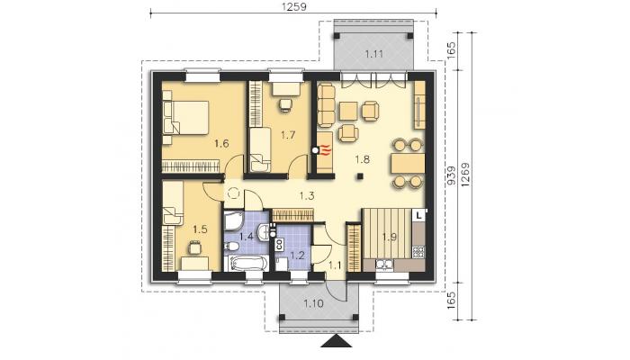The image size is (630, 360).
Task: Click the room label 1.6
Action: pyautogui.click(x=221, y=143)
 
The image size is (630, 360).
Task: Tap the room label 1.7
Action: pyautogui.click(x=288, y=135)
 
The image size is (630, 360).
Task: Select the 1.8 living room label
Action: pyautogui.click(x=362, y=159)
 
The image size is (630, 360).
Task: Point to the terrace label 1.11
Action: pyautogui.click(x=373, y=54)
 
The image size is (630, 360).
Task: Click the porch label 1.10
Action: pyautogui.click(x=313, y=303)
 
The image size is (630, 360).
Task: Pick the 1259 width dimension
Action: pyautogui.click(x=293, y=7)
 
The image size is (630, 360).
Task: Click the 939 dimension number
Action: pyautogui.click(x=451, y=175)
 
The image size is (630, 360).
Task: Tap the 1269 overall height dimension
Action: pyautogui.click(x=465, y=175)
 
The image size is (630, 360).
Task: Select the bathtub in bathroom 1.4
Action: pyautogui.click(x=245, y=264)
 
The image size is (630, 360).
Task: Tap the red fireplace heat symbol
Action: pyautogui.click(x=326, y=150)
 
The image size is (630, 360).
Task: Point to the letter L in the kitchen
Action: pyautogui.click(x=418, y=215)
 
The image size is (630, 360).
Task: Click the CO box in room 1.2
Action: pyautogui.click(x=277, y=244)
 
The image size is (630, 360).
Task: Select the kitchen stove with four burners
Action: pyautogui.click(x=418, y=251)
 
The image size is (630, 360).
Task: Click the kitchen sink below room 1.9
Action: pyautogui.click(x=385, y=264)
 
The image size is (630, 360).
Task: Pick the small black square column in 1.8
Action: pyautogui.click(x=360, y=175)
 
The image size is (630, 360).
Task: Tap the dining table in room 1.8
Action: pyautogui.click(x=408, y=164)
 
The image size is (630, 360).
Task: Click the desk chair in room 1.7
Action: pyautogui.click(x=285, y=104)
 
